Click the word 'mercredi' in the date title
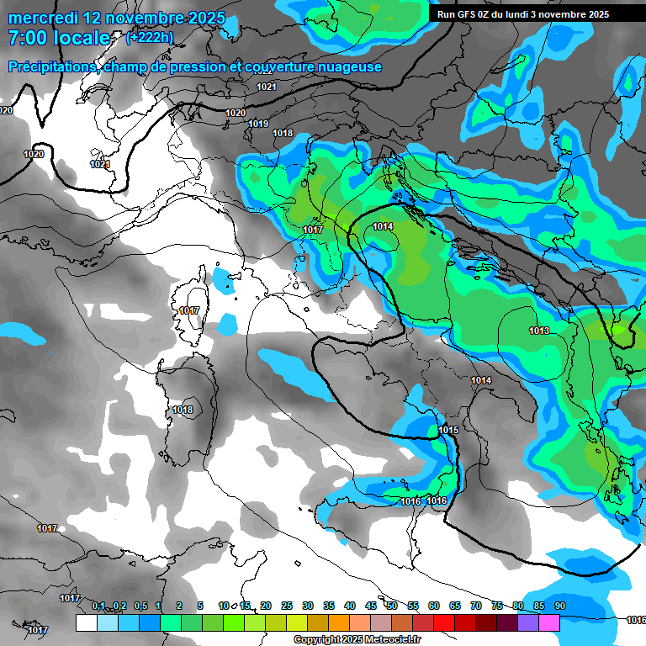point(41,18)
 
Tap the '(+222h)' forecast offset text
point(149,37)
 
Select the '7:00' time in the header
point(27,38)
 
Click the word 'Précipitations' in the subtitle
point(52,67)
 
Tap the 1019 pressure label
point(258,124)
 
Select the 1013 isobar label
point(539,331)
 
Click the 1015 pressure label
point(448,430)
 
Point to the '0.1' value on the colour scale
point(98,606)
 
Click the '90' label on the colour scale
point(559,606)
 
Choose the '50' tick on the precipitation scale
point(392,606)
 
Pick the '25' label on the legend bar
point(287,606)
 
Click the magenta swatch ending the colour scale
point(549,622)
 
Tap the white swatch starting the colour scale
point(86,622)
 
